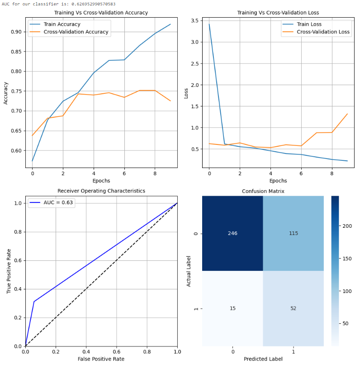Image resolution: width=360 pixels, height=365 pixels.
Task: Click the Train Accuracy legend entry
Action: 62,24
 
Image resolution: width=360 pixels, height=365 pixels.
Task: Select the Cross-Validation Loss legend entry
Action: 323,32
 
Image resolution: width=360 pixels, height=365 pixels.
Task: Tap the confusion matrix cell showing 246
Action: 232,233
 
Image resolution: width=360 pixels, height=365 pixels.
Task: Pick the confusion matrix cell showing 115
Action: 293,233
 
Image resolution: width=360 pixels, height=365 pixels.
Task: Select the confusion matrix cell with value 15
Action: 232,308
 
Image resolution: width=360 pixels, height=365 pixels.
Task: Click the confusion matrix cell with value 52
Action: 293,308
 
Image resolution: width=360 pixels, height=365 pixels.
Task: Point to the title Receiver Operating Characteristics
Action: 101,191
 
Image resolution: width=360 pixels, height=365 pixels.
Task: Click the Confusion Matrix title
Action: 263,191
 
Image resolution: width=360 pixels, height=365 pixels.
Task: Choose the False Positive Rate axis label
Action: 101,359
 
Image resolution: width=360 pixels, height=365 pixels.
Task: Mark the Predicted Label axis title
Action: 263,359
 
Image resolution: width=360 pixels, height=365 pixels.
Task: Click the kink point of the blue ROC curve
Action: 34,302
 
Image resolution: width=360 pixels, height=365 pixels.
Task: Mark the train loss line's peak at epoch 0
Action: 209,24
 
